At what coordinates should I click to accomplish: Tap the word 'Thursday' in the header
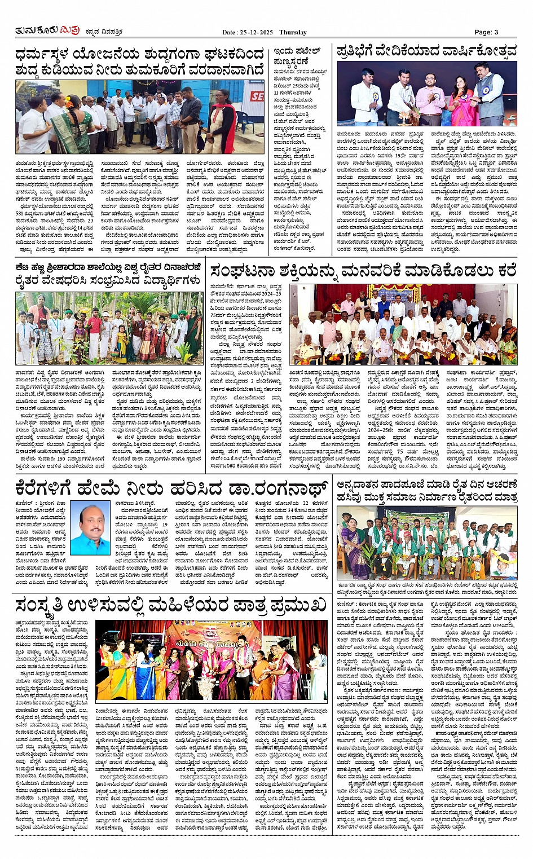293,32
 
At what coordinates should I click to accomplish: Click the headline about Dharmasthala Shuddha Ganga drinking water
139,62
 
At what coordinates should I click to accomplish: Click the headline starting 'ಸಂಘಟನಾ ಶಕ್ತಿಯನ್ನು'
363,271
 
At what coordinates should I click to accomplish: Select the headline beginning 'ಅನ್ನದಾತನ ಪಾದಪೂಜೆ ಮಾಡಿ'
426,490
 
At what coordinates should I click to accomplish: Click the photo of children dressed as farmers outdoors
108,327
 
